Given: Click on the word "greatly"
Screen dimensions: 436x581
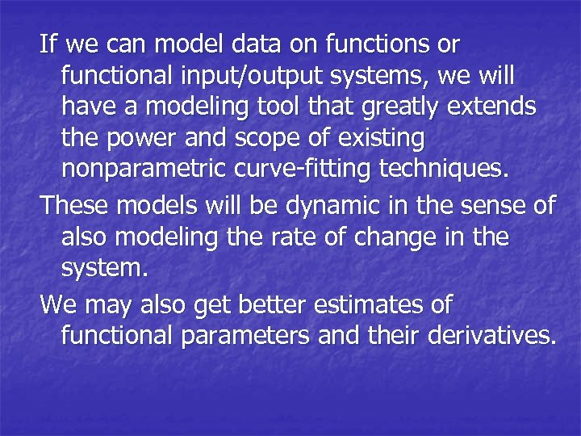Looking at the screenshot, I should point(412,107).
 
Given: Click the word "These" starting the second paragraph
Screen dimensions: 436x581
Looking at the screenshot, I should point(75,206).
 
